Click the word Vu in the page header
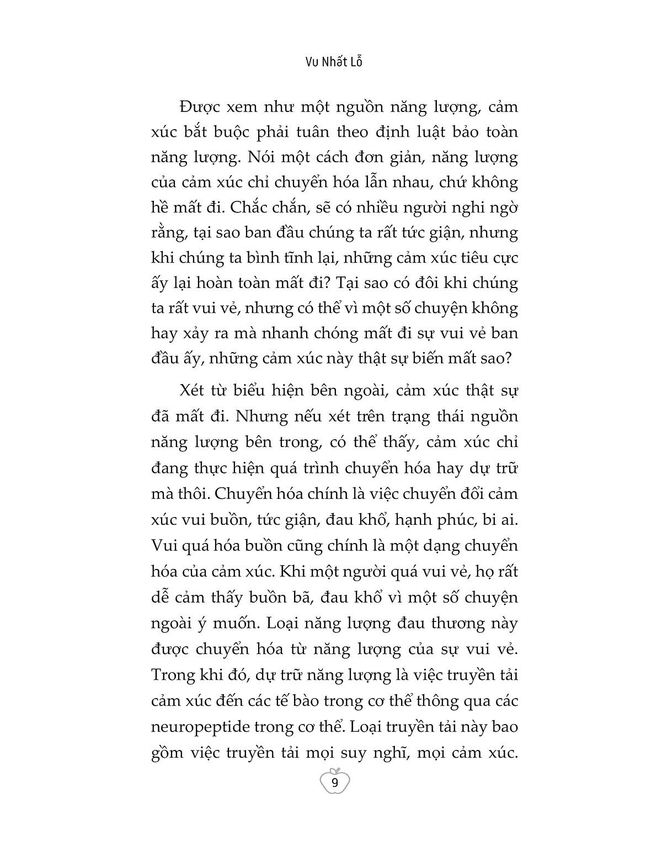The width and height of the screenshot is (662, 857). tap(312, 62)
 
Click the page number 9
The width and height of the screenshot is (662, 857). tap(334, 783)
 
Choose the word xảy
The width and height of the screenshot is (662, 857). tap(201, 333)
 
